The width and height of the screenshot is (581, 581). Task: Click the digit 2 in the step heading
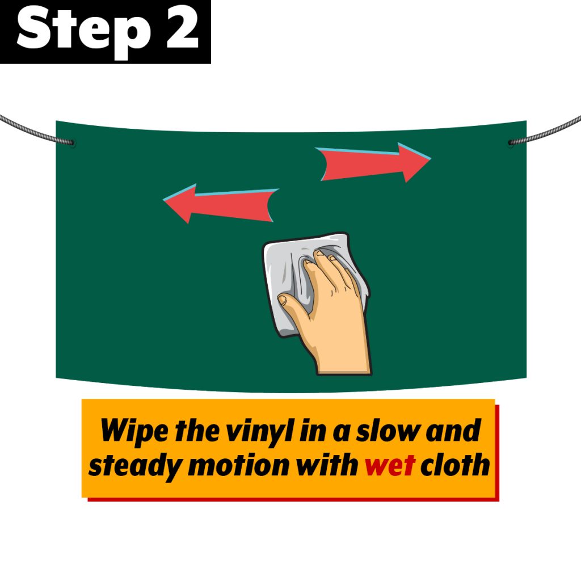click(182, 28)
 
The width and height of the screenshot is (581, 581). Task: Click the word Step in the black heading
click(84, 32)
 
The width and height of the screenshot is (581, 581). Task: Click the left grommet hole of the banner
click(72, 142)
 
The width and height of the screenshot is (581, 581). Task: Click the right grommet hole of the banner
click(511, 142)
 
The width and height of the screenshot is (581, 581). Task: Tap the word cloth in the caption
click(456, 464)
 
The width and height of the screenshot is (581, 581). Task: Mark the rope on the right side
click(545, 130)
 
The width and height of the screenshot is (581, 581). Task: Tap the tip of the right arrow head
click(431, 159)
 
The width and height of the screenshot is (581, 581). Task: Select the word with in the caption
click(326, 464)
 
